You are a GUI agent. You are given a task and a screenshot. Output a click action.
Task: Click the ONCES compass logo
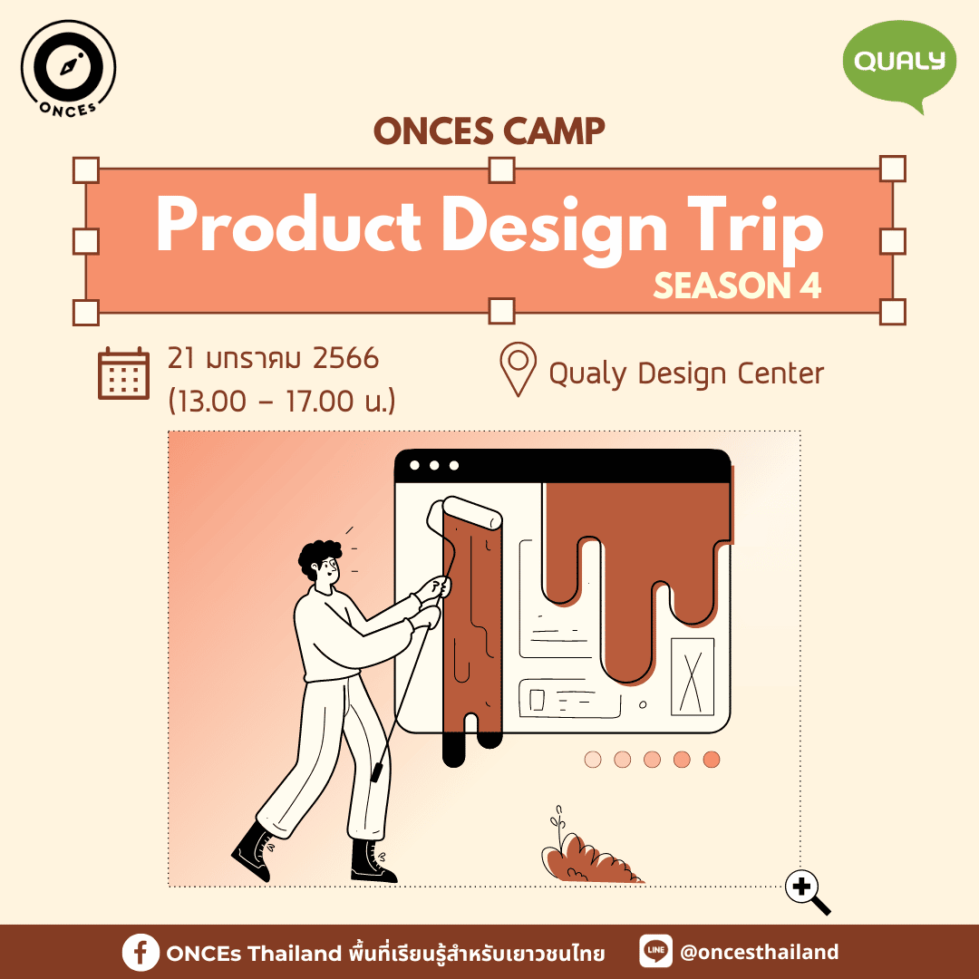(68, 68)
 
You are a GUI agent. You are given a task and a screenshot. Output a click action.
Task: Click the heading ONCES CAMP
(489, 131)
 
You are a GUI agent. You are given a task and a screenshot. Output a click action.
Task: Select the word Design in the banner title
(555, 228)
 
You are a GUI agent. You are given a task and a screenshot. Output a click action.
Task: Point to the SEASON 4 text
(737, 286)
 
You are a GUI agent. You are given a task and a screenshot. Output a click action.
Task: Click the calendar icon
(123, 373)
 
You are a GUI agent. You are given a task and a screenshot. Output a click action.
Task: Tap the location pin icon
(518, 369)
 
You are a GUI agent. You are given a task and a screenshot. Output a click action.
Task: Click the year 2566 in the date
(345, 358)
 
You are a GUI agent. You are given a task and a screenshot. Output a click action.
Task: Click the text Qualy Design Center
(686, 374)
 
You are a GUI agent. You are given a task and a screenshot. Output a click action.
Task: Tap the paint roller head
(464, 512)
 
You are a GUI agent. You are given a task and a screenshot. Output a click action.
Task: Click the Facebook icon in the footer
(141, 953)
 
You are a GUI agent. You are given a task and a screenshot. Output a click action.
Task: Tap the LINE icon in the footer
(655, 951)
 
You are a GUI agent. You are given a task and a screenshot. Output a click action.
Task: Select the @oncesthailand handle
(759, 952)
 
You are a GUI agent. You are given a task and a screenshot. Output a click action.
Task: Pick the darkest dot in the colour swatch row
(712, 760)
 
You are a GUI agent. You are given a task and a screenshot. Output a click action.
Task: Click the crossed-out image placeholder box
(693, 677)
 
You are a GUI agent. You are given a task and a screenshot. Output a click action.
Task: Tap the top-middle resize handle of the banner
(501, 170)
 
